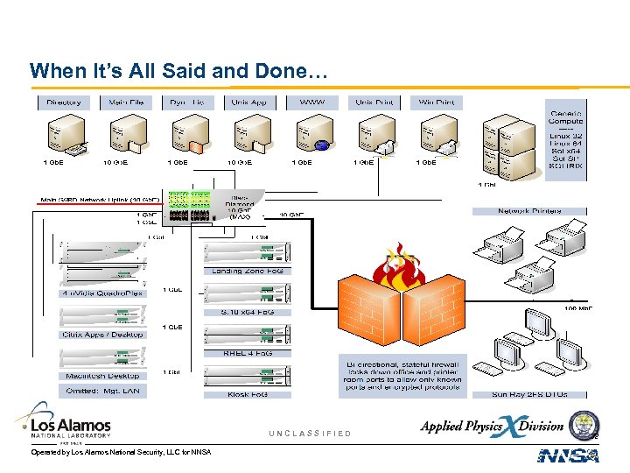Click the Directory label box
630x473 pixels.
tap(63, 102)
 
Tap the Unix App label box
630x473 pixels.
tap(248, 102)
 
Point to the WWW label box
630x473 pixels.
tap(311, 102)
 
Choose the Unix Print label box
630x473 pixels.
tap(374, 102)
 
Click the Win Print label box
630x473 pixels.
tap(437, 102)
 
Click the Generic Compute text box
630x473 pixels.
tap(566, 140)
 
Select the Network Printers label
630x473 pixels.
tap(529, 211)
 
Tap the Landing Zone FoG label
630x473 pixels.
tap(248, 271)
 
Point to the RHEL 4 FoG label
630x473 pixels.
tap(248, 353)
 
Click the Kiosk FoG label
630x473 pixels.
tap(248, 394)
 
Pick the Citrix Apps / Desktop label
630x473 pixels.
tap(101, 335)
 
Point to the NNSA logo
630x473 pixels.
tap(567, 455)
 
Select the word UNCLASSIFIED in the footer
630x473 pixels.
tap(310, 434)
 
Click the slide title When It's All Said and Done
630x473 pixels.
tap(178, 70)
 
